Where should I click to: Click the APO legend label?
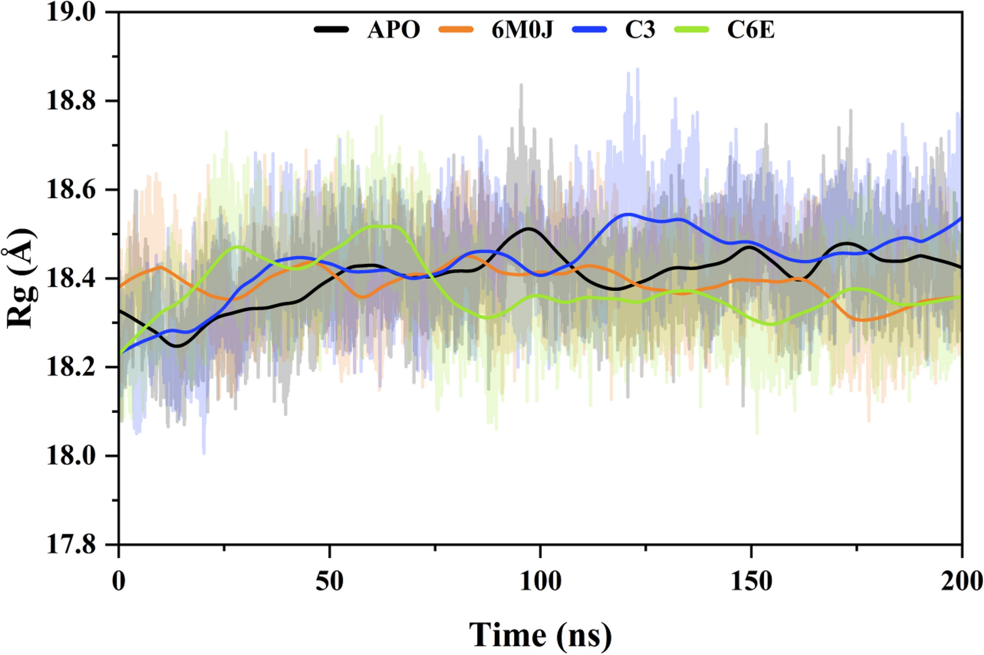[x=393, y=30]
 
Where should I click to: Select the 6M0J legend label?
[x=522, y=30]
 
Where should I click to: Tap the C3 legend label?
[x=639, y=30]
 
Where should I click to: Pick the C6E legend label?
[x=750, y=30]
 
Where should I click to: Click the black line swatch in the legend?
[x=332, y=30]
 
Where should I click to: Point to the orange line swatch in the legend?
[x=456, y=30]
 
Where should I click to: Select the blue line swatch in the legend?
[x=589, y=30]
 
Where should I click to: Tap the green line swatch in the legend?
[x=692, y=30]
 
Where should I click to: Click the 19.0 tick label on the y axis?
[x=71, y=12]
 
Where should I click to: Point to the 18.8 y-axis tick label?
[x=71, y=101]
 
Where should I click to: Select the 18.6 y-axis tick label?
[x=71, y=190]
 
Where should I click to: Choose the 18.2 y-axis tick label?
[x=71, y=368]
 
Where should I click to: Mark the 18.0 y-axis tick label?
[x=71, y=456]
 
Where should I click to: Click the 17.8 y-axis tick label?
[x=71, y=545]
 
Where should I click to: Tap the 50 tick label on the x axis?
[x=329, y=581]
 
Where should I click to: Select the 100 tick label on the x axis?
[x=540, y=581]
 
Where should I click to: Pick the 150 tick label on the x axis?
[x=751, y=581]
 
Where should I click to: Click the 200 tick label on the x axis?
[x=961, y=581]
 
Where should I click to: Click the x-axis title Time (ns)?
[x=540, y=635]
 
